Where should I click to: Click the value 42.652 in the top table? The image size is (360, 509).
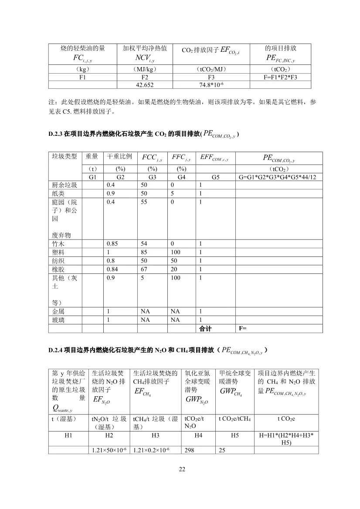pyautogui.click(x=145, y=85)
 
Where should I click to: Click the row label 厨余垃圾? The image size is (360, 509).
pyautogui.click(x=65, y=185)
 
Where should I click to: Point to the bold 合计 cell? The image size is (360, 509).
pyautogui.click(x=205, y=328)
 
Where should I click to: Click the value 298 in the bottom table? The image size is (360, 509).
pyautogui.click(x=189, y=450)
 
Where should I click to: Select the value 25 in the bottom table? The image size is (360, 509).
pyautogui.click(x=222, y=450)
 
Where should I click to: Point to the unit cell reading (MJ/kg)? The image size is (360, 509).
pyautogui.click(x=145, y=69)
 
